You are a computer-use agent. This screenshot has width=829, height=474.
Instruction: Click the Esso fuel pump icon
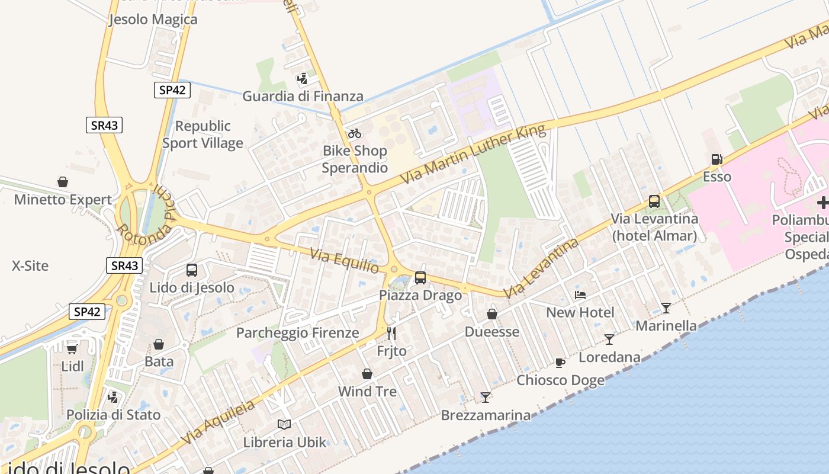(x=716, y=159)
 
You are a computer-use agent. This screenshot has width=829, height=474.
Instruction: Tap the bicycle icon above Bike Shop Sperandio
(x=355, y=133)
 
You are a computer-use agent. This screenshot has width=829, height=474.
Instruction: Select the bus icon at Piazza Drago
(x=420, y=277)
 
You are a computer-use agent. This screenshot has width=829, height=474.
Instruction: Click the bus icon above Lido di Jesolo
(x=192, y=270)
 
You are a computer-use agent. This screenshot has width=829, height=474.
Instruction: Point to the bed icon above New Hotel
(x=580, y=294)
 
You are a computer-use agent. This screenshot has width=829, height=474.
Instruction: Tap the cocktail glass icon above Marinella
(x=666, y=308)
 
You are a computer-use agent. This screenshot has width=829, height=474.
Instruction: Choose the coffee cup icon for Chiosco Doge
(x=560, y=363)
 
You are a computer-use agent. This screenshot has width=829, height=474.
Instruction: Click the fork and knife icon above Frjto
(x=391, y=333)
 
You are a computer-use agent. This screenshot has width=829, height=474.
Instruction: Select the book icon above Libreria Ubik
(x=284, y=424)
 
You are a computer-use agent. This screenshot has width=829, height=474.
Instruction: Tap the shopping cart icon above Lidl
(x=72, y=348)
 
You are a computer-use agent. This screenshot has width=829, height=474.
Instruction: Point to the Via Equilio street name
(x=345, y=260)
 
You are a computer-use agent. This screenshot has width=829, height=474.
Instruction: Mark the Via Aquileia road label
(x=219, y=422)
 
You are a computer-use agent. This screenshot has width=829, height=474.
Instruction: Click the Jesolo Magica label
(x=153, y=20)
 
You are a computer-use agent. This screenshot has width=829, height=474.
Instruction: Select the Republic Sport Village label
(x=203, y=134)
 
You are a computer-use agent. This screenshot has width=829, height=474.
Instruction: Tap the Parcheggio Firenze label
(x=297, y=333)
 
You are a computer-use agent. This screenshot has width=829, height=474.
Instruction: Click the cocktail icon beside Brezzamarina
(x=486, y=397)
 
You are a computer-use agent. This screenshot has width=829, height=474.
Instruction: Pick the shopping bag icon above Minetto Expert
(x=63, y=181)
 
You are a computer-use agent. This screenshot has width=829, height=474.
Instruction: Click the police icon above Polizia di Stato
(x=113, y=396)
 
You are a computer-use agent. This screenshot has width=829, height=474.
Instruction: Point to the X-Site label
(x=30, y=266)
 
